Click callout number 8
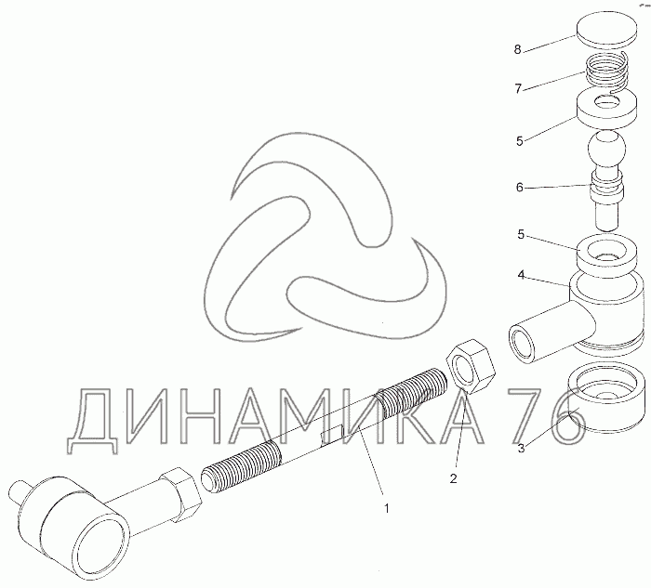pyautogui.click(x=517, y=50)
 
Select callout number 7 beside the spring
pyautogui.click(x=518, y=89)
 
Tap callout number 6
pyautogui.click(x=519, y=188)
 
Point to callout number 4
pyautogui.click(x=521, y=275)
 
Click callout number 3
pyautogui.click(x=521, y=448)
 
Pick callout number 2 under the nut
pyautogui.click(x=453, y=478)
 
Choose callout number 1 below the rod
pyautogui.click(x=387, y=508)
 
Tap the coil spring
pyautogui.click(x=606, y=73)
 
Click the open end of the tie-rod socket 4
pyautogui.click(x=522, y=344)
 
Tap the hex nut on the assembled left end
pyautogui.click(x=180, y=494)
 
